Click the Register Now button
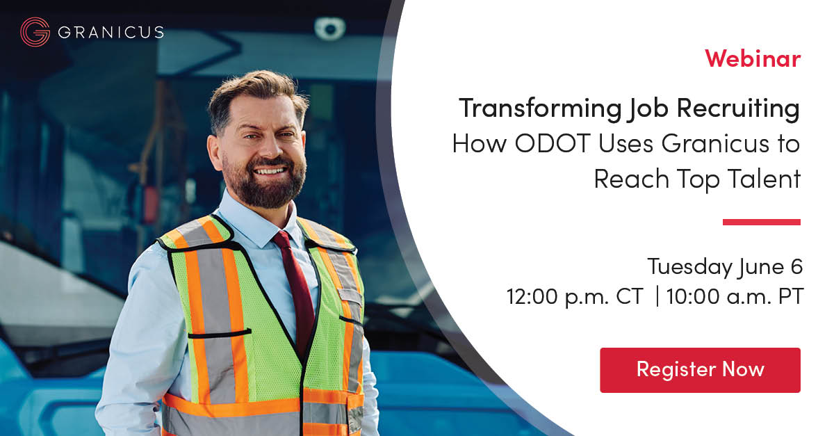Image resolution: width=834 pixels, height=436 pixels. click(700, 369)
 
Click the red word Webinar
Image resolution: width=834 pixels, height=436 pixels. click(753, 58)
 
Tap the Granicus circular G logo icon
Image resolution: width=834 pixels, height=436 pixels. click(35, 32)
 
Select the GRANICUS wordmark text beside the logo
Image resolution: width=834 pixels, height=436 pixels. click(111, 33)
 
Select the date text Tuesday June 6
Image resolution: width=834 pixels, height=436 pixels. click(725, 266)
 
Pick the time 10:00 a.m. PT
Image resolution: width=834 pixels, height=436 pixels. click(735, 297)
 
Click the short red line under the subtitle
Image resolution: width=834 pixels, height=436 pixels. click(761, 222)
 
